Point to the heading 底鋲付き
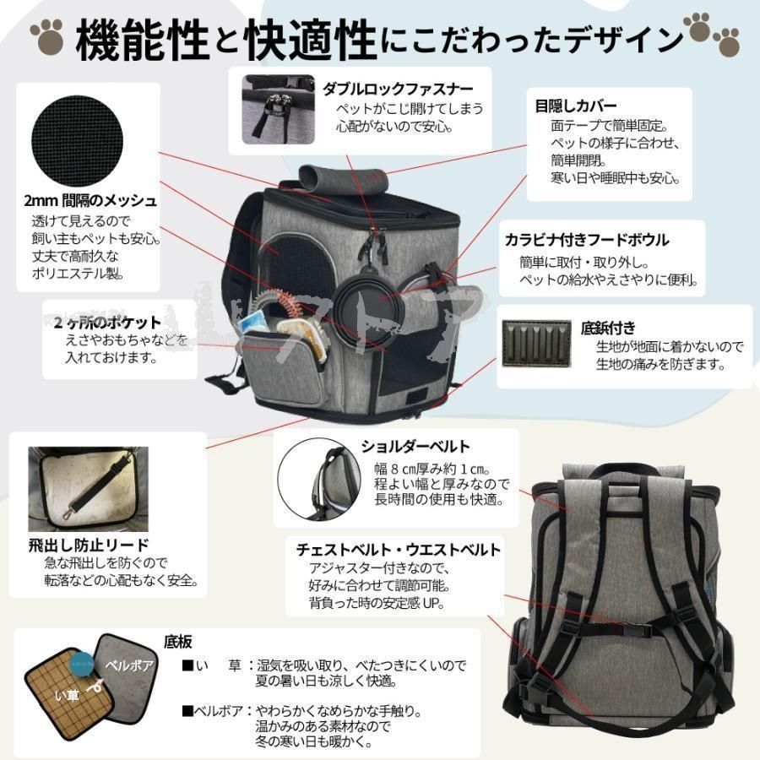pyautogui.click(x=608, y=327)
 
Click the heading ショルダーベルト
pyautogui.click(x=415, y=447)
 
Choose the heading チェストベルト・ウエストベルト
pyautogui.click(x=399, y=550)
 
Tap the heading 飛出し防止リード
pyautogui.click(x=88, y=545)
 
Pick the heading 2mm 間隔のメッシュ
pyautogui.click(x=90, y=201)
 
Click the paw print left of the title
pyautogui.click(x=46, y=35)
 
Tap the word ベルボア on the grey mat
pyautogui.click(x=128, y=665)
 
